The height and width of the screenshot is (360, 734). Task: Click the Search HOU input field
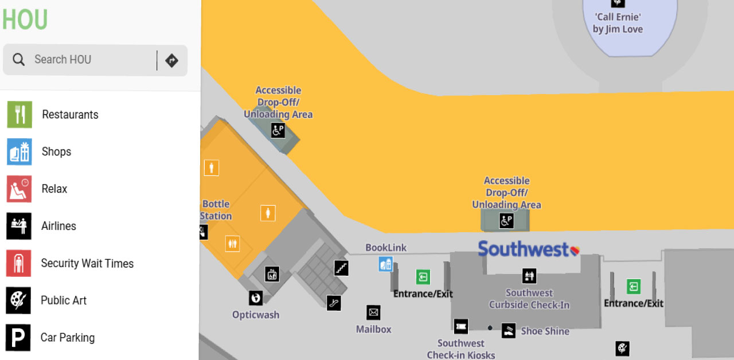coord(86,60)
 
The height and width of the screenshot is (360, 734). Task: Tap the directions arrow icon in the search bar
coord(171,60)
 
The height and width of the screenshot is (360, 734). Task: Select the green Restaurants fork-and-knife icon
coord(19,115)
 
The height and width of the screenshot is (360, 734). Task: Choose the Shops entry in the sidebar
coord(56,152)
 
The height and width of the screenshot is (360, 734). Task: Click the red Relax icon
coord(19,189)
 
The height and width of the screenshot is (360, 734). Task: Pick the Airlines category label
coord(58,226)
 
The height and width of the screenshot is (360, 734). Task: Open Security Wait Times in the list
coord(87,264)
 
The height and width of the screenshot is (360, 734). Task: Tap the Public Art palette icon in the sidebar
coord(18,300)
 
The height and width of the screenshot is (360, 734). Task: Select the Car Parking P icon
coord(18,338)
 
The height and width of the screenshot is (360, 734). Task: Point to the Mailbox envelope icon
coord(373,312)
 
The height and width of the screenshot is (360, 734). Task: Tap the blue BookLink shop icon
coord(386,264)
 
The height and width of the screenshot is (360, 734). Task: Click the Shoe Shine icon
coord(508,331)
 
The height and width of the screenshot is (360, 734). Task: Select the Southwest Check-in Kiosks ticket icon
coord(460,326)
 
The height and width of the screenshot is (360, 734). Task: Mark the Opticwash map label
coord(256,315)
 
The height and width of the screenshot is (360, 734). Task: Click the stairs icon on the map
coord(341,268)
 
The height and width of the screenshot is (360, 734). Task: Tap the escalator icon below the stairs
coord(334,303)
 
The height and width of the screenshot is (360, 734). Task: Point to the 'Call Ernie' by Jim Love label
coord(618,23)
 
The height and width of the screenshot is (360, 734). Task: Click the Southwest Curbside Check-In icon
coord(529,276)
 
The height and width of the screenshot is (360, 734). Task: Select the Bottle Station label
coord(216,210)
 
